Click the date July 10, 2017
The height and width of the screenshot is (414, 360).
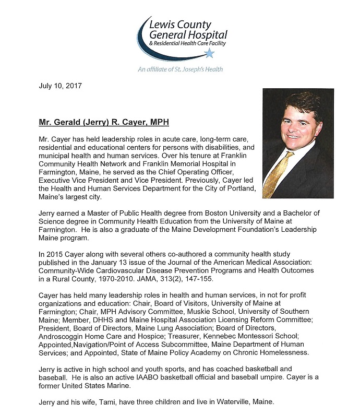(60, 85)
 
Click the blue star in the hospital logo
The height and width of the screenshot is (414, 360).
(209, 53)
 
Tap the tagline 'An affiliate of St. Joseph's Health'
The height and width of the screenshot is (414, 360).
(181, 69)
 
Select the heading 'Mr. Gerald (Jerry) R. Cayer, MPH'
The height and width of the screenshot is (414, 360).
(104, 123)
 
